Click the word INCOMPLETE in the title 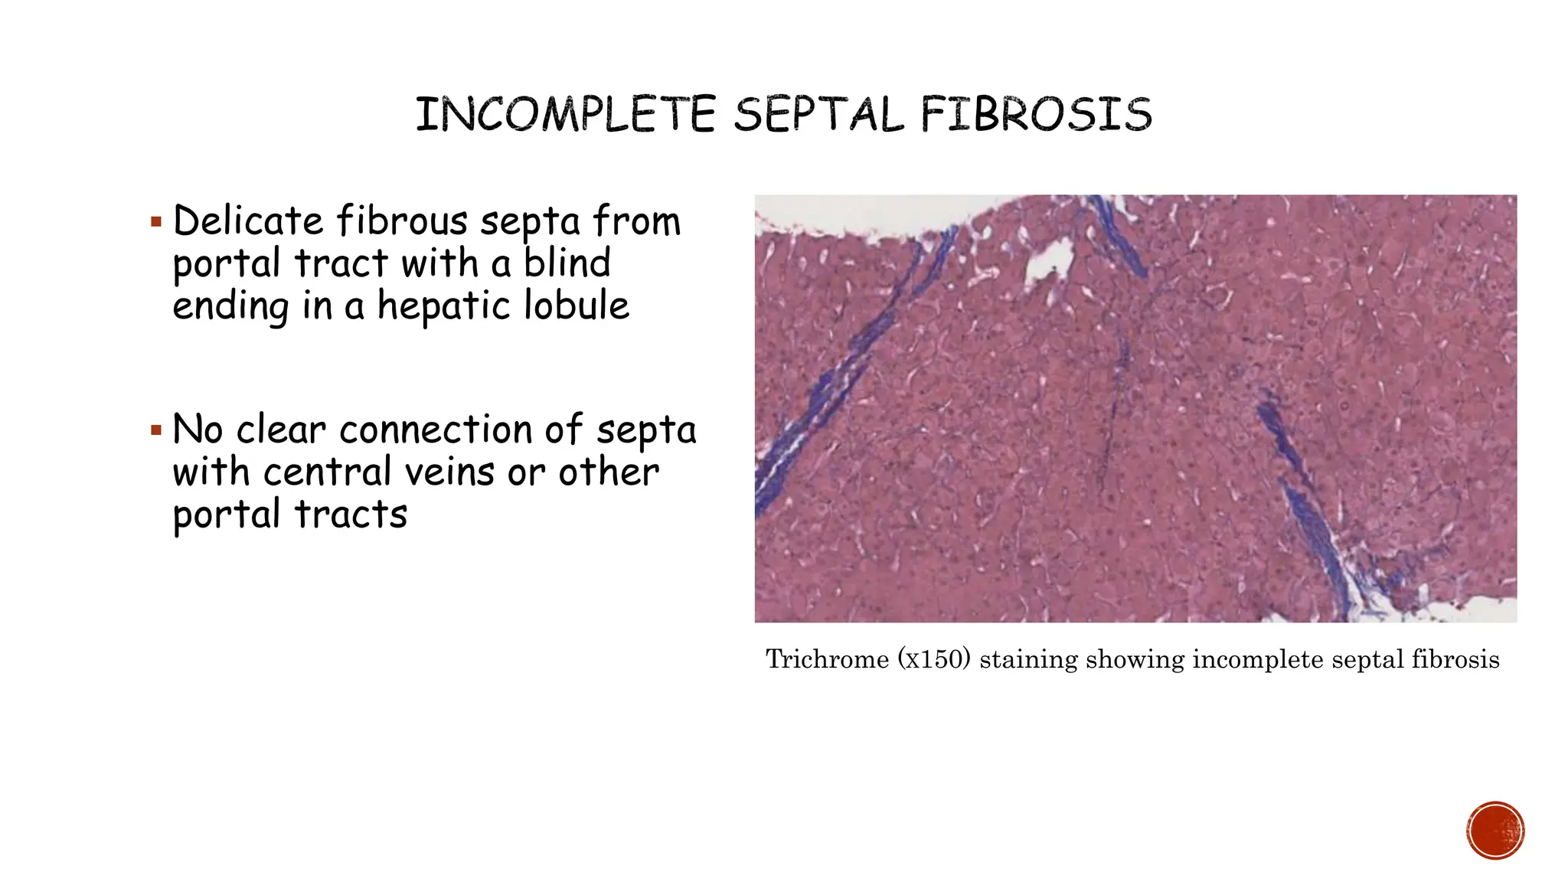(x=565, y=115)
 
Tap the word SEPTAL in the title (x=818, y=115)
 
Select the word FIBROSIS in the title (x=1036, y=115)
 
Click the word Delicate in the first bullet (x=248, y=220)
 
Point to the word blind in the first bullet (x=567, y=263)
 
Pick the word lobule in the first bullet (x=577, y=305)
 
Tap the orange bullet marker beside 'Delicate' (x=156, y=223)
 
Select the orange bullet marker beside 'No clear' (x=156, y=431)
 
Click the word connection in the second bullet (x=436, y=430)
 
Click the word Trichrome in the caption (x=827, y=659)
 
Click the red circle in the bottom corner (x=1495, y=831)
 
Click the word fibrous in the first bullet (x=402, y=220)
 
